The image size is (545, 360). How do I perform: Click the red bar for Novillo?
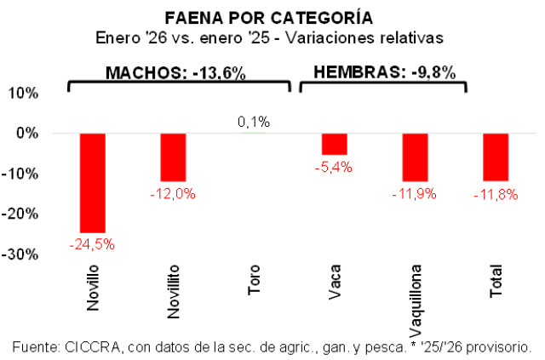click(92, 182)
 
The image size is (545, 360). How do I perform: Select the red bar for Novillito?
click(173, 157)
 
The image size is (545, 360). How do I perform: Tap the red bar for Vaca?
click(335, 144)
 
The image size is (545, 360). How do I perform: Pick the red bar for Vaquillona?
click(415, 157)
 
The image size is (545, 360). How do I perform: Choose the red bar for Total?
click(496, 157)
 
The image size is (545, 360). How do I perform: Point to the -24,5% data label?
click(92, 244)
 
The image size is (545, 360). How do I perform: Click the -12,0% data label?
click(173, 193)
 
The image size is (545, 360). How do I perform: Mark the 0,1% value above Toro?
click(254, 123)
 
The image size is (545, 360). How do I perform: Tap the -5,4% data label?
click(335, 167)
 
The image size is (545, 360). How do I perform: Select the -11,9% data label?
click(415, 193)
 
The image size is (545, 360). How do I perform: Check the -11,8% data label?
click(496, 193)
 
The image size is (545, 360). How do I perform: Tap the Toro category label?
click(254, 280)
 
